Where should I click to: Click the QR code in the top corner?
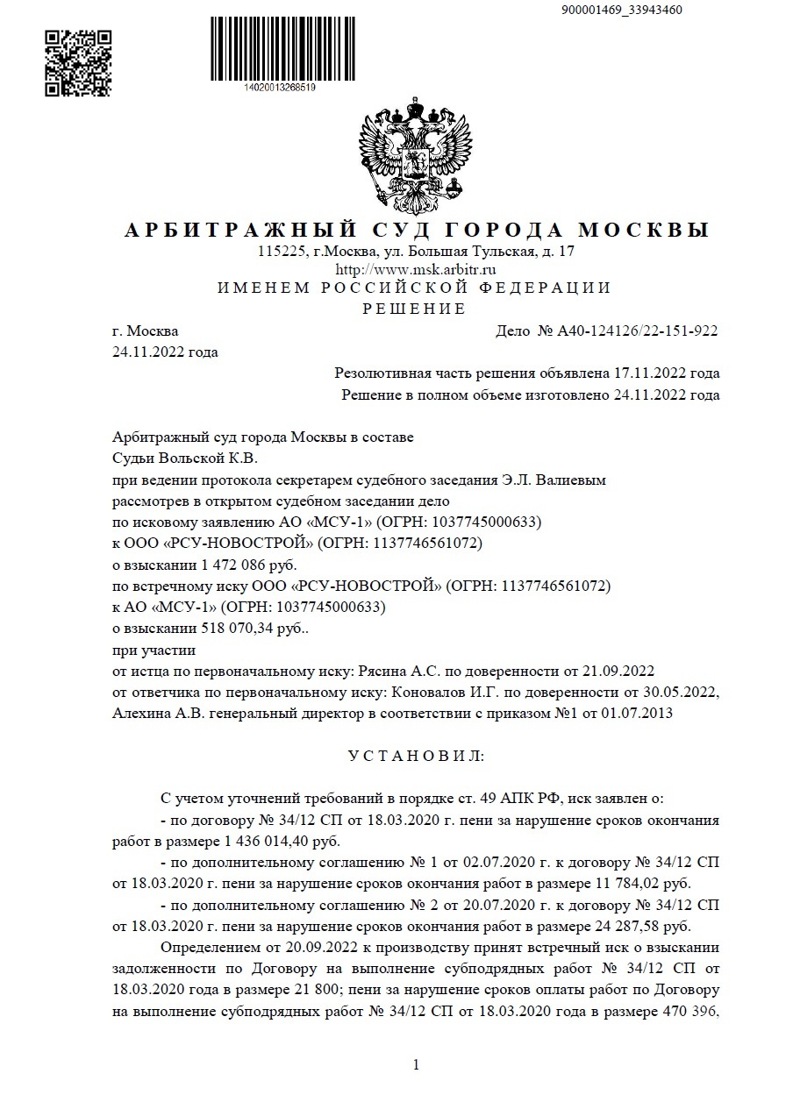(78, 62)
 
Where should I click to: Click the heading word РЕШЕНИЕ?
(414, 309)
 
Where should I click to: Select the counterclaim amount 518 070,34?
(225, 629)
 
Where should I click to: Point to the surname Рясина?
(384, 672)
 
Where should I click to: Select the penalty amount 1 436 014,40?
(252, 842)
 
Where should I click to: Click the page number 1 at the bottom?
(416, 1066)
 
